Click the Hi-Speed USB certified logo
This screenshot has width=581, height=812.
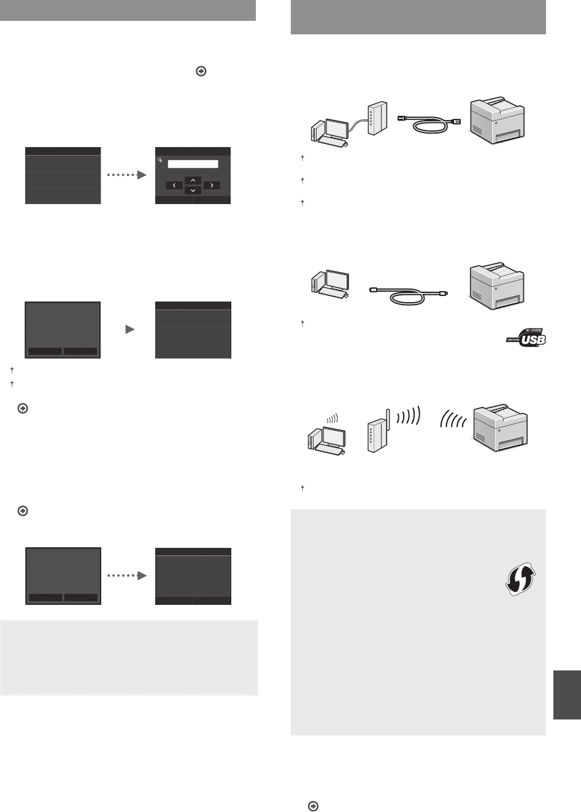(x=526, y=338)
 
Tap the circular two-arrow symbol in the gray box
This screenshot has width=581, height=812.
(x=520, y=579)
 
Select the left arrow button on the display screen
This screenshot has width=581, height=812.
(x=174, y=185)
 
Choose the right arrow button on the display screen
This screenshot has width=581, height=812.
(x=212, y=185)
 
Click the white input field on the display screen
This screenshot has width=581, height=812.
(x=193, y=164)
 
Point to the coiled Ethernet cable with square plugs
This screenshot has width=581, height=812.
(x=429, y=124)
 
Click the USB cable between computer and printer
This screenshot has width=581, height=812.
(x=408, y=295)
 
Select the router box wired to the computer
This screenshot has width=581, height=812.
(x=377, y=118)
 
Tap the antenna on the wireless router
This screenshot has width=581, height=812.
(x=388, y=419)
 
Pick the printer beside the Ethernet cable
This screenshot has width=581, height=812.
(x=497, y=120)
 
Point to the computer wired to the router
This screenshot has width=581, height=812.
(x=329, y=132)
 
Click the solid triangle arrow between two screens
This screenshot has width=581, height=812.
(x=130, y=329)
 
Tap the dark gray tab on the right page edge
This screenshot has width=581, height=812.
(x=568, y=694)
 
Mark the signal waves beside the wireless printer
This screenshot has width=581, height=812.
(x=453, y=419)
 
